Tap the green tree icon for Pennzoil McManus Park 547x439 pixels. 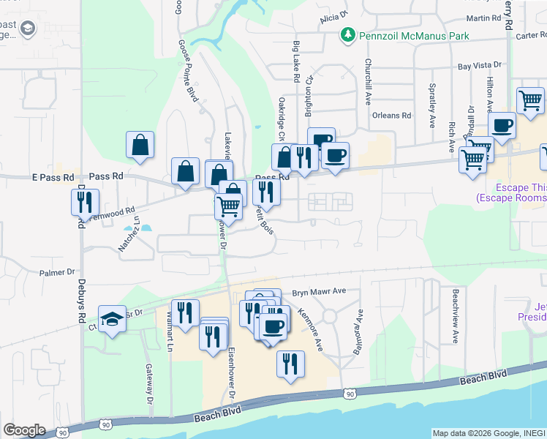pyautogui.click(x=348, y=35)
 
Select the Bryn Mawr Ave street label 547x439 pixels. pyautogui.click(x=319, y=291)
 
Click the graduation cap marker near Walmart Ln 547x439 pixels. pyautogui.click(x=111, y=319)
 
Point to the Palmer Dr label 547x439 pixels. pyautogui.click(x=57, y=272)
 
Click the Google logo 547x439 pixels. pyautogui.click(x=24, y=430)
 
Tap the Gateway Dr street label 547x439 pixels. pyautogui.click(x=148, y=385)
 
